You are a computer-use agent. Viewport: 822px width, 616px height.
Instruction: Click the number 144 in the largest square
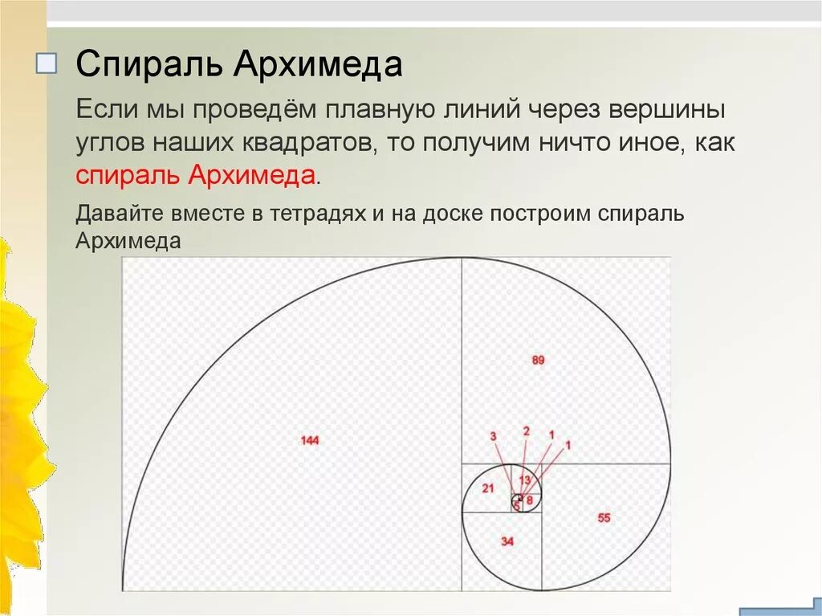310,440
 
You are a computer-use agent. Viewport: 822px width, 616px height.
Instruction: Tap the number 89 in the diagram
538,361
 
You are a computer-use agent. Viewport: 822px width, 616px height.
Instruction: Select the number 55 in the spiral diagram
604,518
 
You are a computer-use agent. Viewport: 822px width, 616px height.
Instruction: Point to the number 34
507,541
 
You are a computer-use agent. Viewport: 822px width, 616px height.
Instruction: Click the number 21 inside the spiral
488,488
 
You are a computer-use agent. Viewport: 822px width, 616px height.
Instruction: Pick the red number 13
524,480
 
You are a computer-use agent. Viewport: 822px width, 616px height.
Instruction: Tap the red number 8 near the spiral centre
529,500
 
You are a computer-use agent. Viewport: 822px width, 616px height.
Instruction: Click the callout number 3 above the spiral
493,436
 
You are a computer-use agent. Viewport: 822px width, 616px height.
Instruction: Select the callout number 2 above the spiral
526,430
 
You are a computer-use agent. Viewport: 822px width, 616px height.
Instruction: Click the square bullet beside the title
47,65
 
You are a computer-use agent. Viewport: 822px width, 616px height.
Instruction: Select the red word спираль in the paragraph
128,176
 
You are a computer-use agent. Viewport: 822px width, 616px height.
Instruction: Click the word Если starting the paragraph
104,109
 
